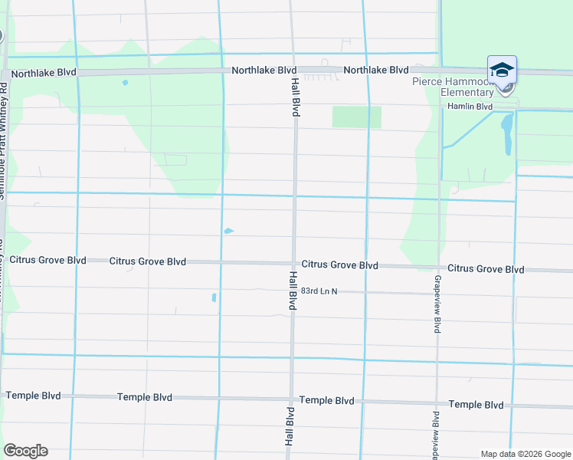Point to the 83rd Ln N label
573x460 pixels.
tap(319, 291)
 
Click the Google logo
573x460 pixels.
tap(25, 451)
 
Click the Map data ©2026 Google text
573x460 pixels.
tap(524, 454)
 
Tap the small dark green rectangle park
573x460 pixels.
tap(356, 117)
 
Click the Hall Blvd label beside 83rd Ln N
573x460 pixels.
tap(292, 291)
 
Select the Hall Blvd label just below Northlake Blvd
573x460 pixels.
tap(294, 96)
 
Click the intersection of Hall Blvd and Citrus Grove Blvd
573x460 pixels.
tap(293, 263)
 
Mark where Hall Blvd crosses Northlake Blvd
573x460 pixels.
tap(293, 71)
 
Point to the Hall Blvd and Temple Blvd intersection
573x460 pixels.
tap(290, 399)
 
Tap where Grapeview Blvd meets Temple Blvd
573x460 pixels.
tap(437, 403)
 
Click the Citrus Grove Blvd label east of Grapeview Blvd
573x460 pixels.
tap(486, 269)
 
